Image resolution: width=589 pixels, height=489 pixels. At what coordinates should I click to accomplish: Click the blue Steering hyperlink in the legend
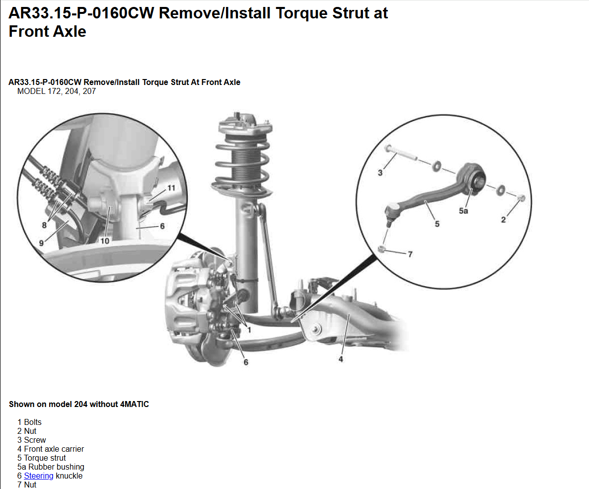[39, 476]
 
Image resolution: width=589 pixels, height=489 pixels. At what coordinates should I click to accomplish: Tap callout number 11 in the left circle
[171, 188]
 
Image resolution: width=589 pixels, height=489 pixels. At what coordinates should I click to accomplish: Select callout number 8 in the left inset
[44, 225]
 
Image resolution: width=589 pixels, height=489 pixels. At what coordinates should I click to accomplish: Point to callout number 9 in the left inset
[41, 243]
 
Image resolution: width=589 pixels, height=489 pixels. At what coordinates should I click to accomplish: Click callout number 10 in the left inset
[105, 241]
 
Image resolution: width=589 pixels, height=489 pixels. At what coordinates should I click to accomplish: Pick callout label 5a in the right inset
[463, 211]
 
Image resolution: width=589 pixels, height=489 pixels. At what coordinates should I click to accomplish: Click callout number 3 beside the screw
[380, 172]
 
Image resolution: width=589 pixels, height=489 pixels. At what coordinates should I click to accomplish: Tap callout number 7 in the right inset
[410, 254]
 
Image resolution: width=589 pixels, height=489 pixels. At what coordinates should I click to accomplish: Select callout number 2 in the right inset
[504, 220]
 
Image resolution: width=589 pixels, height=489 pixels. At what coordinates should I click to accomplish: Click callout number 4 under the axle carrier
[341, 359]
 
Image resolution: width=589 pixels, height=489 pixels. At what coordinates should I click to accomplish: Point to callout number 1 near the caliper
[249, 329]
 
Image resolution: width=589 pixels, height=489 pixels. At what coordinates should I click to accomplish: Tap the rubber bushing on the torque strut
[478, 180]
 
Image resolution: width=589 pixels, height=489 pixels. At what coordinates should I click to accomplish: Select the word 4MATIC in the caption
[135, 405]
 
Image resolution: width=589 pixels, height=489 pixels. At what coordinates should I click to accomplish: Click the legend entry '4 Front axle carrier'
[50, 449]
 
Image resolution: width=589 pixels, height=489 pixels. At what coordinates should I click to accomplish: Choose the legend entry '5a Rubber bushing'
[51, 467]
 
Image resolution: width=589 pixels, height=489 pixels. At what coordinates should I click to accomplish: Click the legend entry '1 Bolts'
[29, 422]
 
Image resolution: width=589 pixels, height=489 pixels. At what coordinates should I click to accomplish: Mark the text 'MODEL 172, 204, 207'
[56, 91]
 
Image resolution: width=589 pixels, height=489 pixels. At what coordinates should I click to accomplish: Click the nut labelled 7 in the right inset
[381, 249]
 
